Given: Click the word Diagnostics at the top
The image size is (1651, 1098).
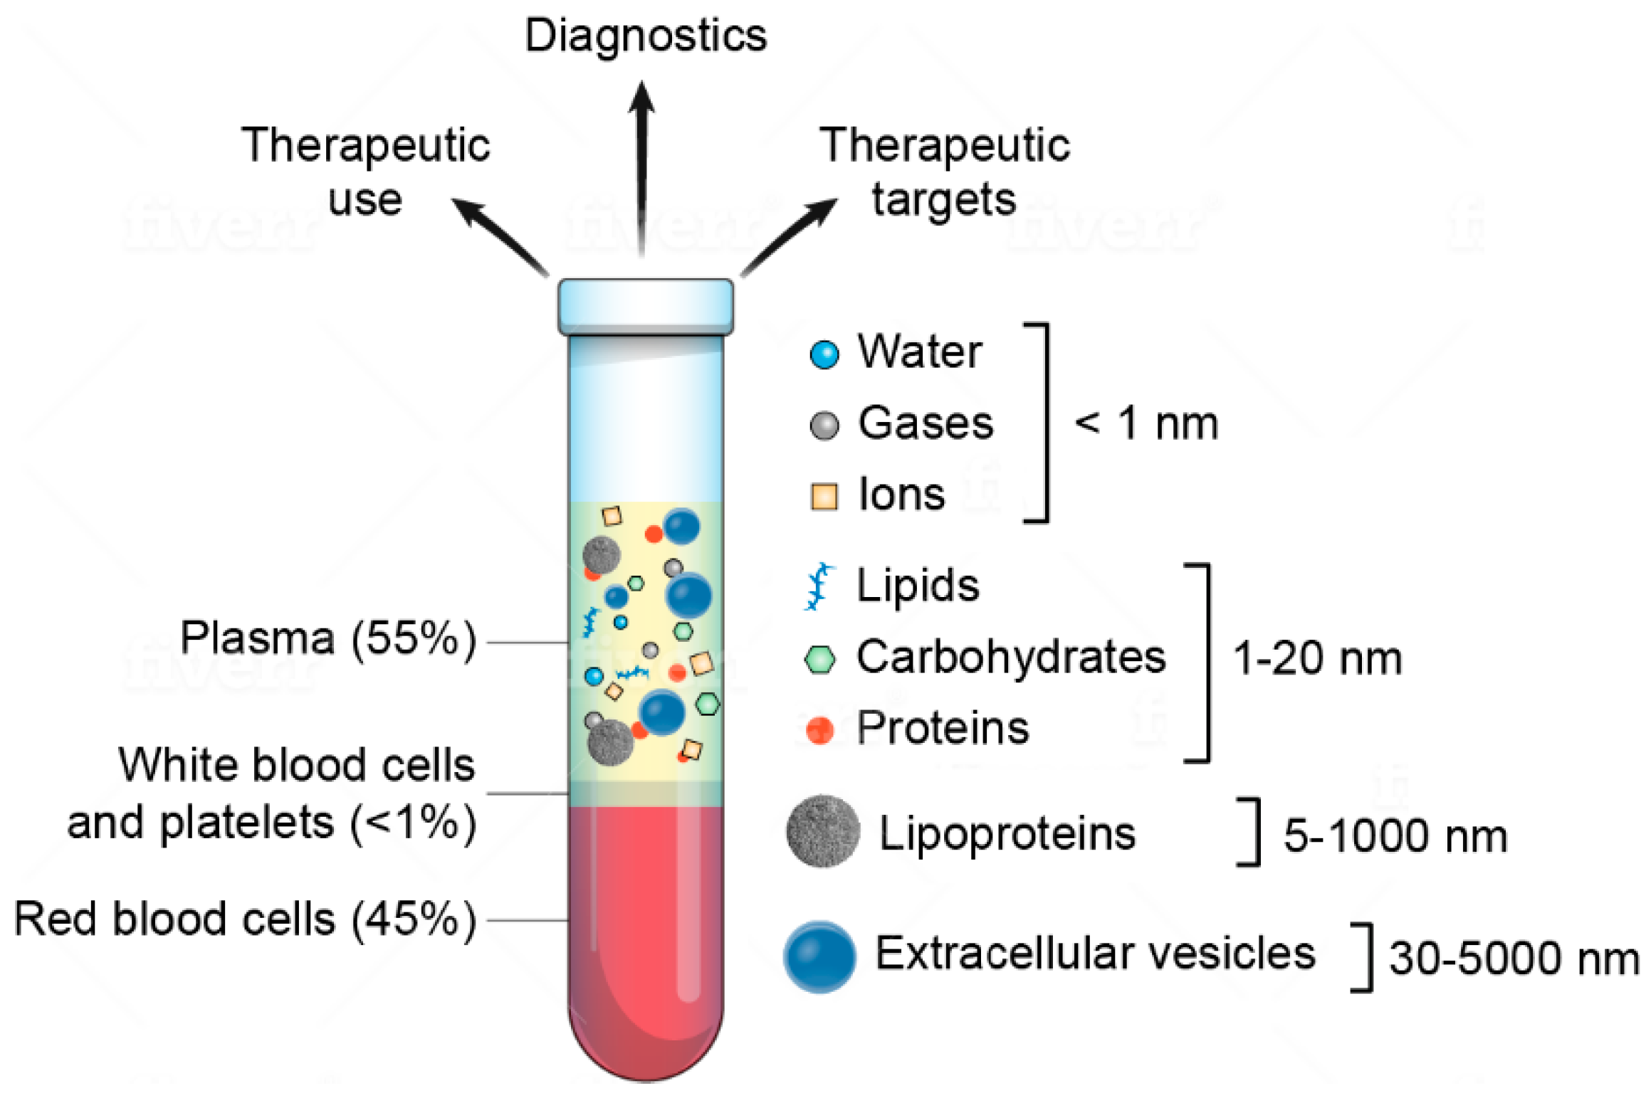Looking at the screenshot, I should (645, 36).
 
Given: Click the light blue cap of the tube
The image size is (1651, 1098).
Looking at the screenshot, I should (645, 306).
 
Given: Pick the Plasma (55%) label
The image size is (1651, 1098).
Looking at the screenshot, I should (328, 638).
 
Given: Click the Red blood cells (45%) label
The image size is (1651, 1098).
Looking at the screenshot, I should (245, 919).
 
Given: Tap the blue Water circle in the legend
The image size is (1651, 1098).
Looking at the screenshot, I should (824, 354).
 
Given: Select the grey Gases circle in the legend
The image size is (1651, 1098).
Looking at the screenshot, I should (824, 425).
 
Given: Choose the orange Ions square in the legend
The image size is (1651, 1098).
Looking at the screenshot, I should (824, 496).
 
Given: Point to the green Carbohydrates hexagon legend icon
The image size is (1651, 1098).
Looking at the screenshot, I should (819, 659).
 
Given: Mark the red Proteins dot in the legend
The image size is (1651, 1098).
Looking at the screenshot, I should (819, 729).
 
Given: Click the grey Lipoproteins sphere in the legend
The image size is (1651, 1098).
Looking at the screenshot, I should (822, 831).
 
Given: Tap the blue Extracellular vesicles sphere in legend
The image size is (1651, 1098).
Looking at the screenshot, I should (819, 956).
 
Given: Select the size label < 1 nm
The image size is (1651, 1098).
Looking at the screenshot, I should (1146, 423).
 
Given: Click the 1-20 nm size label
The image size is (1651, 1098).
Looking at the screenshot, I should (1317, 658).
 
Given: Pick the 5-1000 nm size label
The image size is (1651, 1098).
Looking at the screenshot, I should (1395, 835).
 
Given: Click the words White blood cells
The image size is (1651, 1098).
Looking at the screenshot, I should (296, 765).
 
